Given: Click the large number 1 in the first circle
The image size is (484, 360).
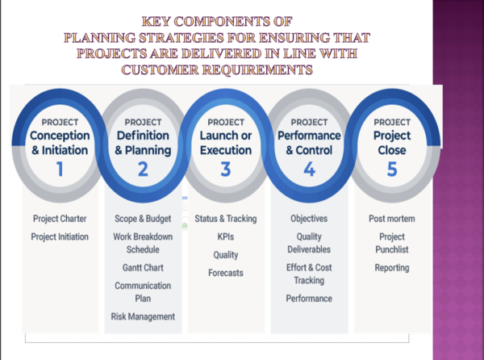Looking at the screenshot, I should (59, 169).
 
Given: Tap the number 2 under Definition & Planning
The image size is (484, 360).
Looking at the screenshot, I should (143, 169).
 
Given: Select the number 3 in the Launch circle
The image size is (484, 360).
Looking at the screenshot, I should (226, 169).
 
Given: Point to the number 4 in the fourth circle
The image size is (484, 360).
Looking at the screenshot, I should (308, 169).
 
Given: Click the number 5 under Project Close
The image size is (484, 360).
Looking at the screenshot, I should (392, 169).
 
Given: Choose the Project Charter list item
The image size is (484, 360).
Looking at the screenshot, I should (60, 219).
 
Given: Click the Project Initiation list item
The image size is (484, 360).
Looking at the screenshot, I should (60, 237).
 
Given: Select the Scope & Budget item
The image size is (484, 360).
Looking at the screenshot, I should (143, 219).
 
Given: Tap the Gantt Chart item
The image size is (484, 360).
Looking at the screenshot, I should (143, 267).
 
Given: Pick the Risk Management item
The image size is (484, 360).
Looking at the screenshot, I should (143, 316).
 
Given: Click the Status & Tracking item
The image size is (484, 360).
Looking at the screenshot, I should (226, 219).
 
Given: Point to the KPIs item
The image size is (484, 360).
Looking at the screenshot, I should (226, 237).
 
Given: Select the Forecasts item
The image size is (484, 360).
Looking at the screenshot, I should (226, 273).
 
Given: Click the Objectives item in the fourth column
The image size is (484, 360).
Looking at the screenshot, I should (309, 219).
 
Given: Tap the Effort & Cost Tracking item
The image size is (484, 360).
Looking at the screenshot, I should (309, 274).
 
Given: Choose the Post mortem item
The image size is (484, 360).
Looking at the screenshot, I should (392, 219).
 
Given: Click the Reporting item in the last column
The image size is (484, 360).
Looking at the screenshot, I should (392, 267).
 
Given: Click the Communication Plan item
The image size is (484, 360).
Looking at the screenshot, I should (143, 291).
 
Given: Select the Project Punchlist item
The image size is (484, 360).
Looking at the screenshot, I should (392, 243).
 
